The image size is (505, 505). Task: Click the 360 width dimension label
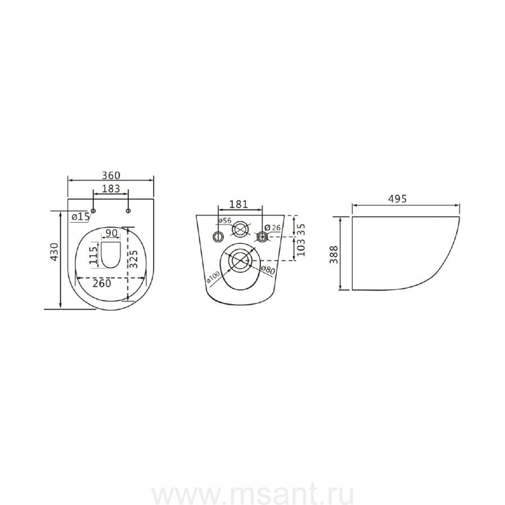111,176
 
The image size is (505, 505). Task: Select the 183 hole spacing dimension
111,189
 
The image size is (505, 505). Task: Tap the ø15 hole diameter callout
80,217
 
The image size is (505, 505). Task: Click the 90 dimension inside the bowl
111,233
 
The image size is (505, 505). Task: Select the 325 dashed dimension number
134,259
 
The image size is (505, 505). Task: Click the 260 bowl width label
102,283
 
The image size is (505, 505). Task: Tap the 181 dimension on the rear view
238,204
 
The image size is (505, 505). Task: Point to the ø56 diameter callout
225,221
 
